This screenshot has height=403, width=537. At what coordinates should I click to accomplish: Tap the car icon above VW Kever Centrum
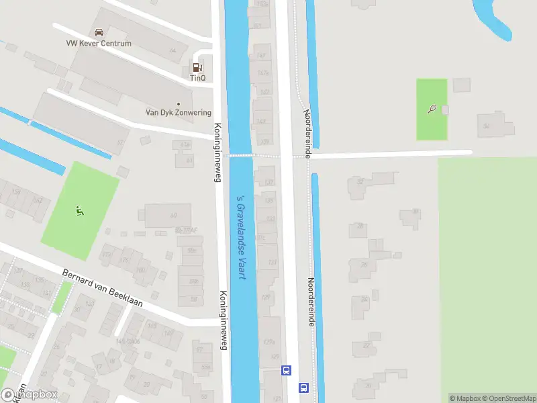99,32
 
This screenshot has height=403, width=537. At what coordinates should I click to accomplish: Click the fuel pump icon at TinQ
197,67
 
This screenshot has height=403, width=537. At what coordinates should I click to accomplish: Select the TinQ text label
197,78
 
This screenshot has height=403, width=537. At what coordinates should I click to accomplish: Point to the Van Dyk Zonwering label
179,113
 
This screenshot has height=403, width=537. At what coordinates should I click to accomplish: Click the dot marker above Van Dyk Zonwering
178,103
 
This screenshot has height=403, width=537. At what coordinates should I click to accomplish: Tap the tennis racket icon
432,109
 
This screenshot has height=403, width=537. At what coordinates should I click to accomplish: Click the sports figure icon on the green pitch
80,210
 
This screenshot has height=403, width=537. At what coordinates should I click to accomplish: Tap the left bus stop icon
287,369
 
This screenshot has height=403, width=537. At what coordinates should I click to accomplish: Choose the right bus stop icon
303,388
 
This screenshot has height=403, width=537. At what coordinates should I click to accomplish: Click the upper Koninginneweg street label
217,143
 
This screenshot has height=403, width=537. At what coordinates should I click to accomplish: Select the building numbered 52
121,142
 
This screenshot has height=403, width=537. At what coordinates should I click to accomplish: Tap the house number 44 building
173,50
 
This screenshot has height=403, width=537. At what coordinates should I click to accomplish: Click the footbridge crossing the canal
240,155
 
